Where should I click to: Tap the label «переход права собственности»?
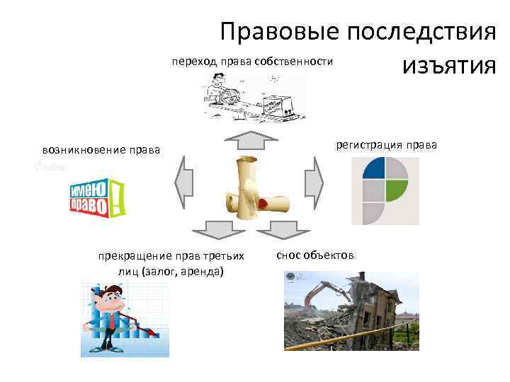coord(251,62)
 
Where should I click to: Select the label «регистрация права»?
coord(387,145)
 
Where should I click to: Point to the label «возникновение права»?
coord(101,150)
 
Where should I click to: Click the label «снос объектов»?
coord(315,255)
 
